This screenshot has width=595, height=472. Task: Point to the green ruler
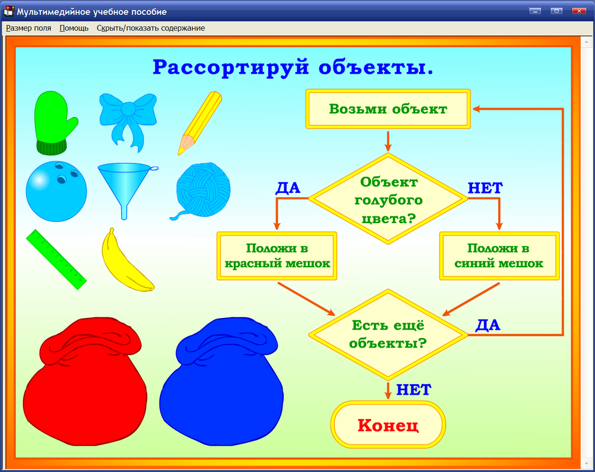point(56,259)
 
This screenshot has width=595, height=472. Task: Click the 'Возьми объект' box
point(388,109)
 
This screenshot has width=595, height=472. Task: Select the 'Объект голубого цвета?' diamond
point(388,198)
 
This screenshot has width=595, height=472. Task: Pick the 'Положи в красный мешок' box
point(277,256)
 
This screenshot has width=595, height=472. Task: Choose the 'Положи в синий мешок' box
point(499,256)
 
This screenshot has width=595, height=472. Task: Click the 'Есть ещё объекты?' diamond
point(388,334)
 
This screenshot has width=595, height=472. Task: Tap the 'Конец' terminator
point(388,425)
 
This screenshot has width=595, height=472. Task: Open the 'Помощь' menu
point(74,28)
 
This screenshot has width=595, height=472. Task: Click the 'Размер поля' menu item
point(28,28)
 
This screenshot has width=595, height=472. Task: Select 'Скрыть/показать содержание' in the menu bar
point(151,28)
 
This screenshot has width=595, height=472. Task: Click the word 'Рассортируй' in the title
point(231,67)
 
